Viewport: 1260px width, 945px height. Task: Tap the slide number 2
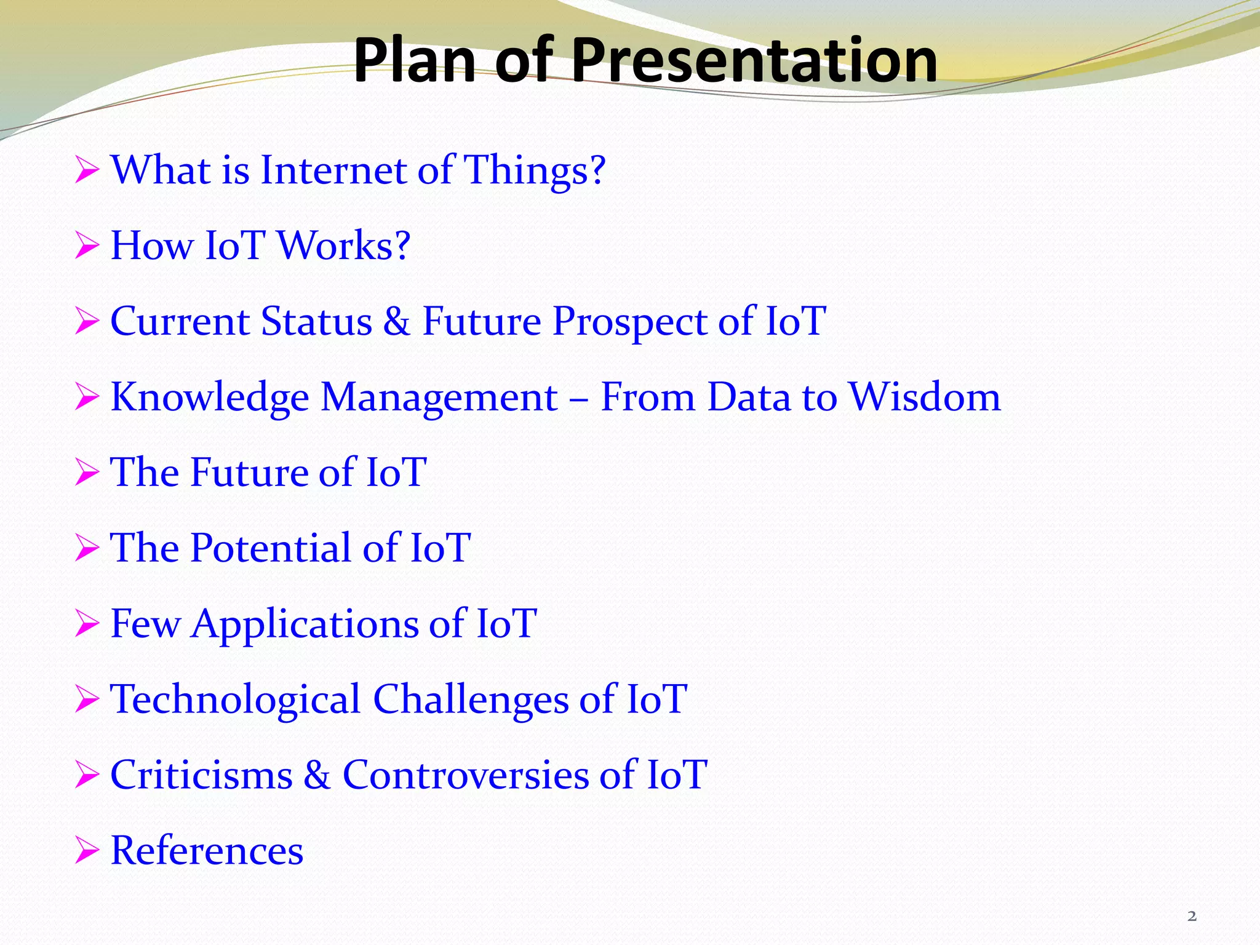coord(1192,916)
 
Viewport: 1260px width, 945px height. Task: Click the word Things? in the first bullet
coord(534,170)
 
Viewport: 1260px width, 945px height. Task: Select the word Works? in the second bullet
coord(343,245)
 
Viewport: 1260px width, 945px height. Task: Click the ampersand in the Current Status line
coord(396,321)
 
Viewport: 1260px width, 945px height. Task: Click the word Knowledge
coord(209,397)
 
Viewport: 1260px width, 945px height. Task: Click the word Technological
coord(235,700)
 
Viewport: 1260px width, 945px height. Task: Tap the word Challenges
coord(471,700)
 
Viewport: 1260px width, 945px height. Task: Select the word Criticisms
coord(201,775)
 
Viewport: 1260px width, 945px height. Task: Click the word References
coord(207,850)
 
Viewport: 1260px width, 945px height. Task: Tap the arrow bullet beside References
coord(87,851)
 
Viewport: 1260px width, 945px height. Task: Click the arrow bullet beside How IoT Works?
coord(87,247)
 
